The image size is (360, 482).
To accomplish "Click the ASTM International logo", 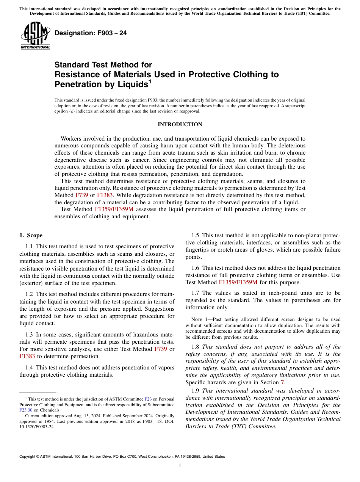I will click(x=35, y=36).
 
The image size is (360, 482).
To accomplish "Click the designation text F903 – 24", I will click(x=91, y=33).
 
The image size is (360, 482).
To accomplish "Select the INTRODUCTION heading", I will click(x=180, y=125).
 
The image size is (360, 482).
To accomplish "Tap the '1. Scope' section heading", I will click(x=31, y=235).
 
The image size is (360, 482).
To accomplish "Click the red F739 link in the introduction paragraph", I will click(x=82, y=195).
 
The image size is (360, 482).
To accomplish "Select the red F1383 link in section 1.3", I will click(x=27, y=356).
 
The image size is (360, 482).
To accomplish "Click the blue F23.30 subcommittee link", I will click(x=26, y=410).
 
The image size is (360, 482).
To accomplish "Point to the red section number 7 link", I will click(x=282, y=382).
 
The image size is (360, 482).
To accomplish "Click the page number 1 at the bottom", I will click(x=180, y=466).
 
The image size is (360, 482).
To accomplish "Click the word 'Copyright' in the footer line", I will click(x=28, y=457).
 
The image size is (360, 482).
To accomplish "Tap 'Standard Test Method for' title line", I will click(x=103, y=65).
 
